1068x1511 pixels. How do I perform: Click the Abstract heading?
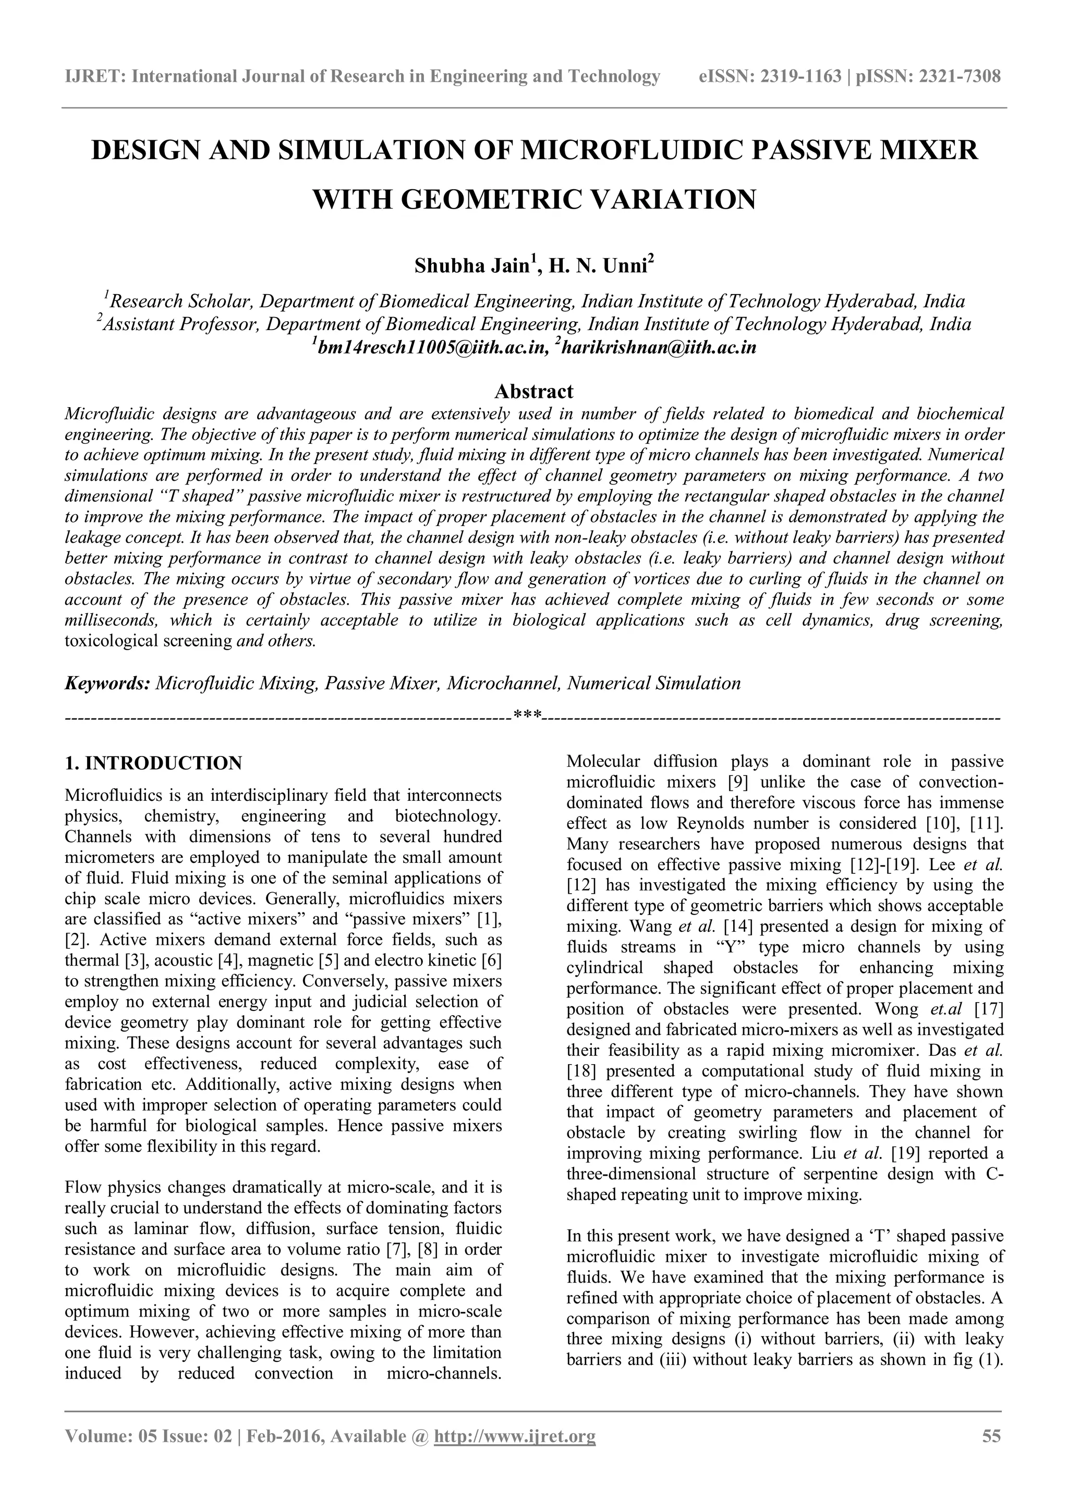pos(533,392)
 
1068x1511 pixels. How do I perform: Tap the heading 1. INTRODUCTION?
pos(153,763)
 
